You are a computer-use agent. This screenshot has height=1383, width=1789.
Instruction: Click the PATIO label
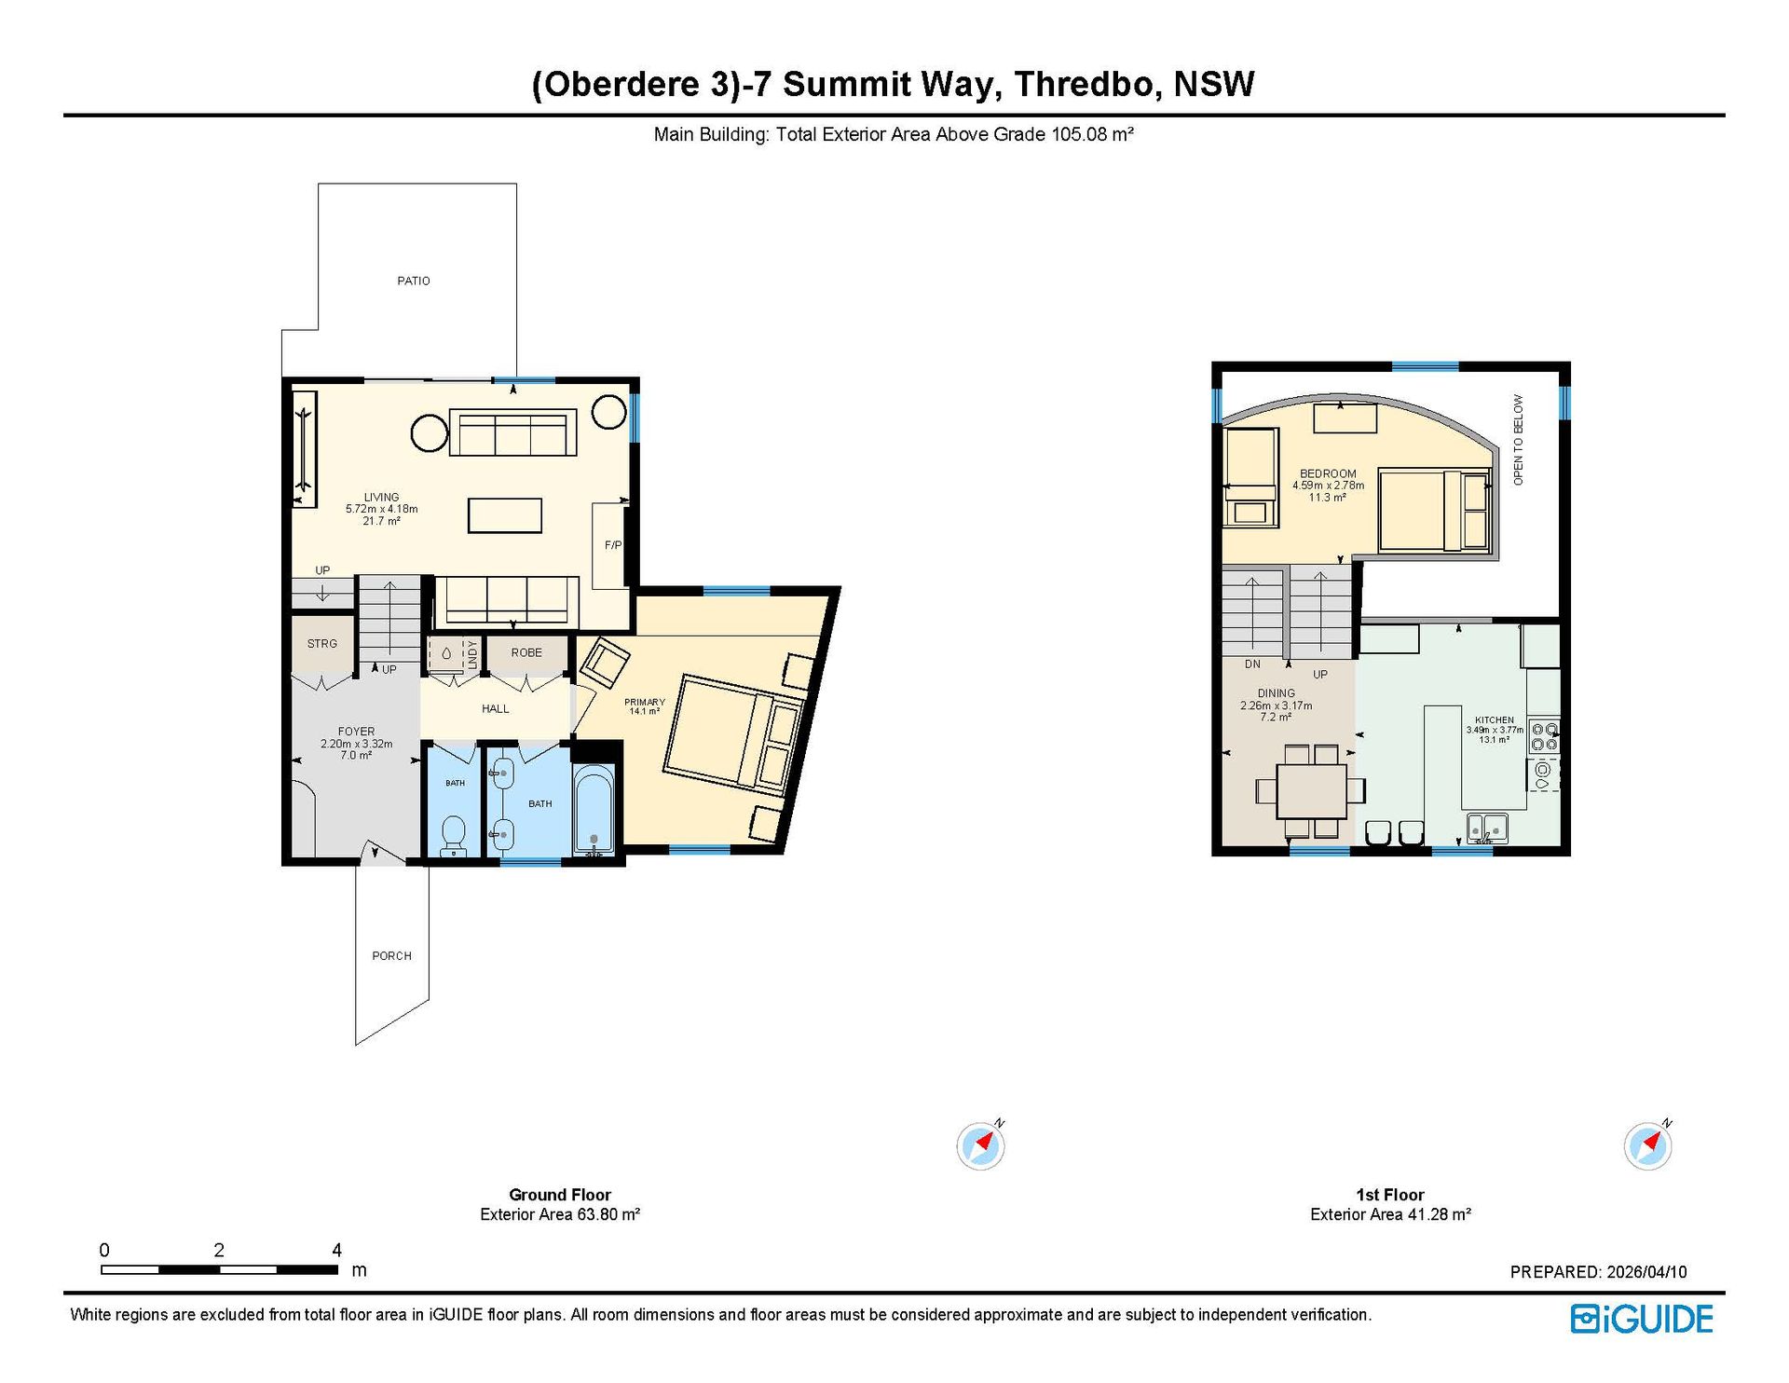coord(414,281)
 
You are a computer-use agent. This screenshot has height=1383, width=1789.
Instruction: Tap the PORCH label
coord(391,955)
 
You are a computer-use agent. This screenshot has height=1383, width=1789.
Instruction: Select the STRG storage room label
coord(322,643)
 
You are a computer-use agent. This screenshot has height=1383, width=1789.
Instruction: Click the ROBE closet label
coord(526,652)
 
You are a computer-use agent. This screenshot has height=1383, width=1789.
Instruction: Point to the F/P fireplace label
coord(613,545)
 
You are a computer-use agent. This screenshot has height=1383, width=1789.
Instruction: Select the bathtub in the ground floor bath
coord(594,809)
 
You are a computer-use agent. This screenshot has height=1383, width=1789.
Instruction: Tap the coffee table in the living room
coord(505,515)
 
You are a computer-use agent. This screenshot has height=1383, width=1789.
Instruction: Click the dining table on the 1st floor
coord(1311,791)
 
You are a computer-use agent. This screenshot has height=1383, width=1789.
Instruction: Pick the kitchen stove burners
coord(1544,736)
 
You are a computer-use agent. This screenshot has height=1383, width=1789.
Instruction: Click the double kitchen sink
coord(1487,828)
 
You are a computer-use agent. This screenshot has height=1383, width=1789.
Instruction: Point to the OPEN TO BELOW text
coord(1518,440)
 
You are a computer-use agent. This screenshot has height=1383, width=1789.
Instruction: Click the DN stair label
coord(1252,664)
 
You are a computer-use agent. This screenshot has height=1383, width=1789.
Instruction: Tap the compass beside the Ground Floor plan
coord(980,1144)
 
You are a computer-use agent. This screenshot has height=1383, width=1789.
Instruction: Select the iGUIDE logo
coord(1642,1319)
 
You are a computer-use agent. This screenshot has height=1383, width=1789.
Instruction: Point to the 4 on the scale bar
coord(336,1250)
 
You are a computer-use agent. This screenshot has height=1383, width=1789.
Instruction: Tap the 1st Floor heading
coord(1390,1195)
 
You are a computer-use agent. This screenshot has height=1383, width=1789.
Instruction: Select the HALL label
coord(496,708)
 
